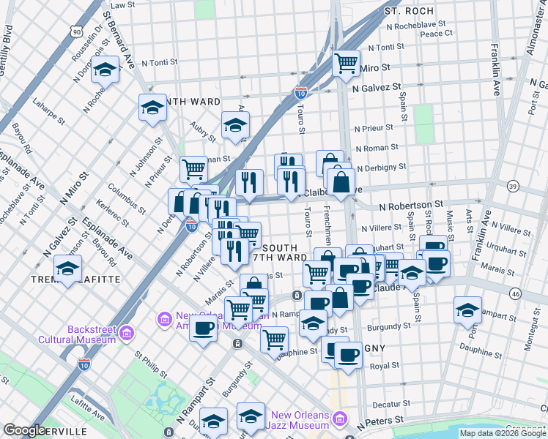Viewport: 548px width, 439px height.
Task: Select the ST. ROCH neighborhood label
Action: (409, 12)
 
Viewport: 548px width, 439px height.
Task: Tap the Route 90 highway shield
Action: (76, 31)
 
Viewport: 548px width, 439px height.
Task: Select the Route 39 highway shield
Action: (512, 187)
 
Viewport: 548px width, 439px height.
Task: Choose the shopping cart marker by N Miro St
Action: (346, 63)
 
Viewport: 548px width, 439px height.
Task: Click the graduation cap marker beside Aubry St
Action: (235, 125)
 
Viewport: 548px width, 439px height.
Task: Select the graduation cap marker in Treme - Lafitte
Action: (68, 269)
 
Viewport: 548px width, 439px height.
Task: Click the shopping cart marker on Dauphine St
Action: (274, 339)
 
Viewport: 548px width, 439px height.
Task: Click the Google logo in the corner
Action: (23, 430)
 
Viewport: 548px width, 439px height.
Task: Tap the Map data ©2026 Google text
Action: (503, 433)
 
